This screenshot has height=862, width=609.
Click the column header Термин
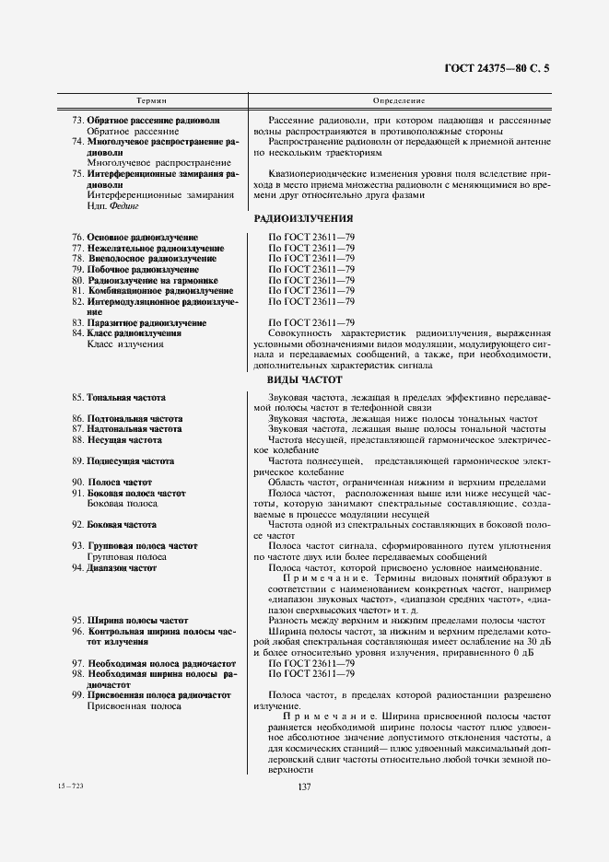click(x=151, y=99)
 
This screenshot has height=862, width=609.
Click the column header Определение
click(x=399, y=99)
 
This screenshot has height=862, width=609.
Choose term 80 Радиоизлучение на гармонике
click(x=152, y=279)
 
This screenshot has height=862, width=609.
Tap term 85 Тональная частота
click(x=126, y=397)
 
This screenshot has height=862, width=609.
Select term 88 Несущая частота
click(x=123, y=440)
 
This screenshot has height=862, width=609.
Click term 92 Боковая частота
click(x=121, y=524)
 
